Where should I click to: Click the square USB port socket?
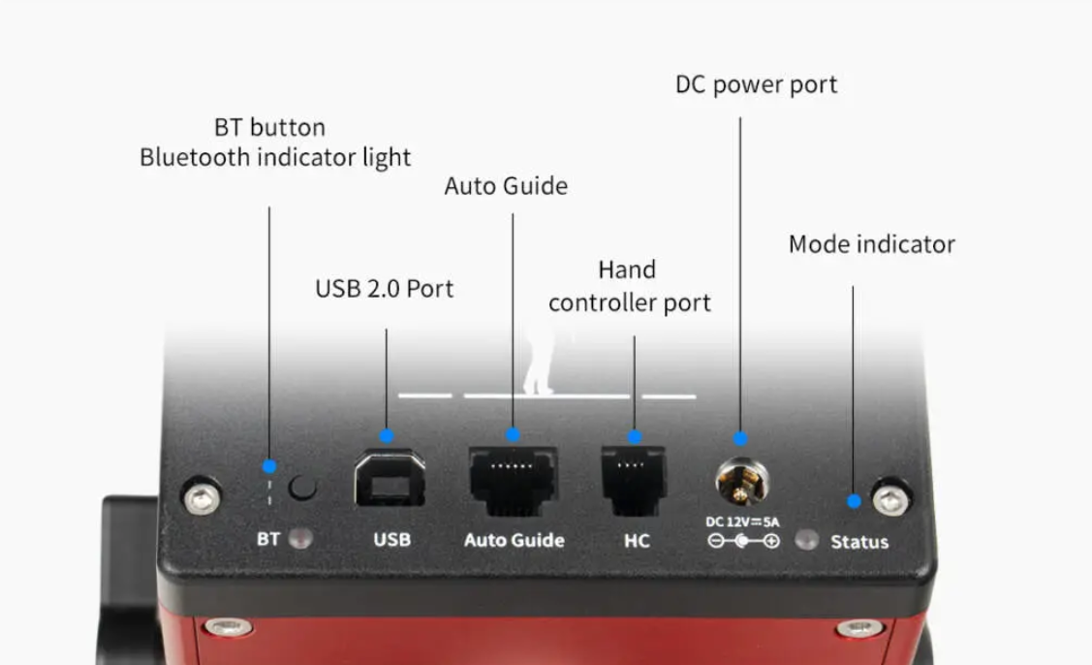point(390,479)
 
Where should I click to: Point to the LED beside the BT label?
point(300,538)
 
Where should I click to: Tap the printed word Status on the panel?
point(858,542)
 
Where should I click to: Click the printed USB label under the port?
point(391,539)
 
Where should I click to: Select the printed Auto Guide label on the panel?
point(514,540)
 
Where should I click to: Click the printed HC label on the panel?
point(637,540)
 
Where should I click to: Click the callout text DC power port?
point(756,85)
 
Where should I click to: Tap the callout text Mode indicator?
point(871,244)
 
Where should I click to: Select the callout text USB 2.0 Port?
point(384,289)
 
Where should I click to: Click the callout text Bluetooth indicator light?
point(275,157)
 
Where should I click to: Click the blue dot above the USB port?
point(387,436)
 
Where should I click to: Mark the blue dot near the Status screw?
point(854,501)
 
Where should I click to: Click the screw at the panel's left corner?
point(202,499)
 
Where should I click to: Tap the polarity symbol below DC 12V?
point(743,541)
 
